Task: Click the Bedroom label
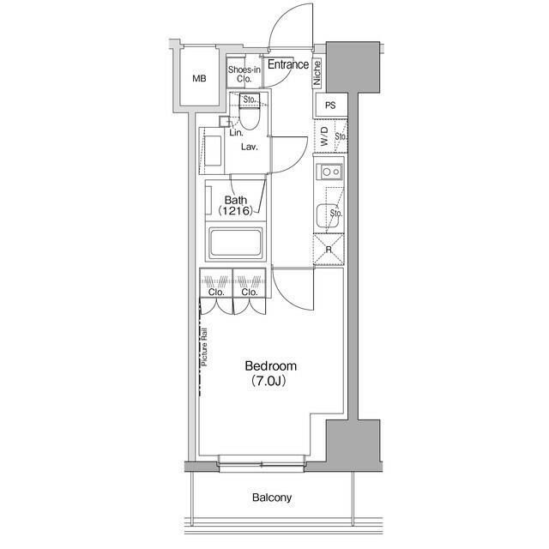click(271, 366)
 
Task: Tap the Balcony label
click(272, 498)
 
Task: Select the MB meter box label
click(199, 79)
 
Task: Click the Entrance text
click(288, 64)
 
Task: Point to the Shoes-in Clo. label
click(244, 75)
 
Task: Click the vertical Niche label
click(317, 73)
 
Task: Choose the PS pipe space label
click(330, 105)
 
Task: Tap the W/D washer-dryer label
click(324, 136)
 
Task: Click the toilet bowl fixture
click(250, 118)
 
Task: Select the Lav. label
click(250, 147)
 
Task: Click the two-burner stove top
click(329, 172)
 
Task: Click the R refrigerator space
click(329, 250)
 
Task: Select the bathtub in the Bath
click(235, 242)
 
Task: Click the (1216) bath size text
click(235, 211)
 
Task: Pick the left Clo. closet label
click(216, 292)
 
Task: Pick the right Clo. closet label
click(250, 292)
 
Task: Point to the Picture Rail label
click(204, 347)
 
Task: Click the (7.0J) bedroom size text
click(269, 381)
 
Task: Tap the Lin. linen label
click(236, 133)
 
